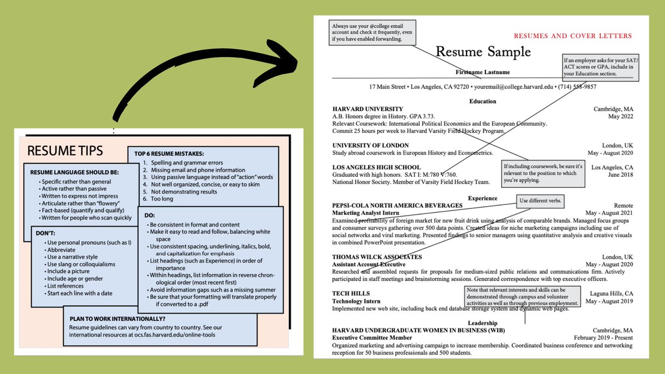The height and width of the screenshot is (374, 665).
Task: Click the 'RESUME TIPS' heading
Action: pyautogui.click(x=65, y=151)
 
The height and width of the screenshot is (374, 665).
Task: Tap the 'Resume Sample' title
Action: pyautogui.click(x=483, y=52)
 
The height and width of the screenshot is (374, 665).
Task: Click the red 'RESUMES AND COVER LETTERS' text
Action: pyautogui.click(x=572, y=36)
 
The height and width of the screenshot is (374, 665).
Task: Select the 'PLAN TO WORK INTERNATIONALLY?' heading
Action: pyautogui.click(x=117, y=319)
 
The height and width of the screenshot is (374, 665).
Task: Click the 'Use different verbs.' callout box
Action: pyautogui.click(x=540, y=200)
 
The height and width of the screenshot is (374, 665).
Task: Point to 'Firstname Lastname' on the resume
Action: pyautogui.click(x=483, y=73)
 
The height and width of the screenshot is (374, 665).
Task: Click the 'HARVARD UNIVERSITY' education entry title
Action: pyautogui.click(x=367, y=109)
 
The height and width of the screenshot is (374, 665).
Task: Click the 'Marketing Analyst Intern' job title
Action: pyautogui.click(x=366, y=213)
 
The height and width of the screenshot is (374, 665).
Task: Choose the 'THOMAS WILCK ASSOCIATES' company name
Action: pyautogui.click(x=377, y=257)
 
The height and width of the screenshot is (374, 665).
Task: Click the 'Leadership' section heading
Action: pyautogui.click(x=482, y=323)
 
